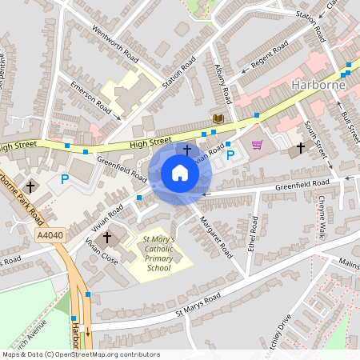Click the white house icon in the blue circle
pos(180,173)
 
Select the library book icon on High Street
pos(217,118)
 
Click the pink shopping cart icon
pos(257,145)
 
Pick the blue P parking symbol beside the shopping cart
pos(230,154)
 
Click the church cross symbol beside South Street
pos(302,148)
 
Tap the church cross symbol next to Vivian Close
pos(106,238)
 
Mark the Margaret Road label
pos(215,237)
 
